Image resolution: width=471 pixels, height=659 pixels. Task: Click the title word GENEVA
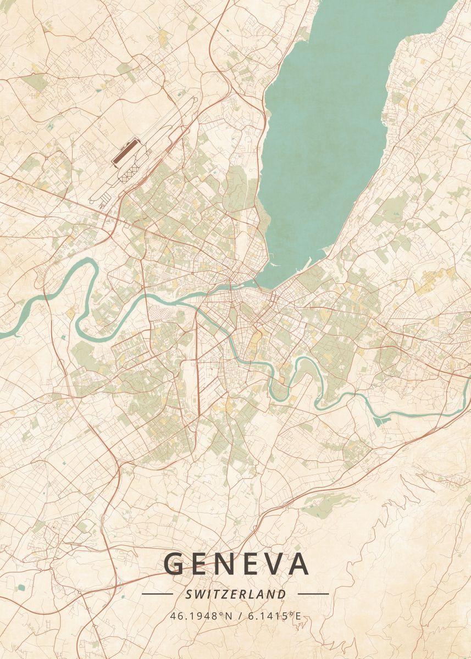point(236,565)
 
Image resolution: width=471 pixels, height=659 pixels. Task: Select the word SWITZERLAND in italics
point(236,594)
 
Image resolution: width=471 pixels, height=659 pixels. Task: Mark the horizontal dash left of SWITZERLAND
point(157,594)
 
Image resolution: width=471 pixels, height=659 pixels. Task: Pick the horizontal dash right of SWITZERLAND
point(313,594)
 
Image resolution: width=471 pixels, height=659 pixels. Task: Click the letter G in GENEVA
point(174,565)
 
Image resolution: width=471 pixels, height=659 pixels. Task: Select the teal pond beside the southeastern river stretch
point(381,421)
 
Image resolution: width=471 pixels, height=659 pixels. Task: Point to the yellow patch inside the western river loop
point(71,312)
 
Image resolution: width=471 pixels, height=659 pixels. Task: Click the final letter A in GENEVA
point(298,565)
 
